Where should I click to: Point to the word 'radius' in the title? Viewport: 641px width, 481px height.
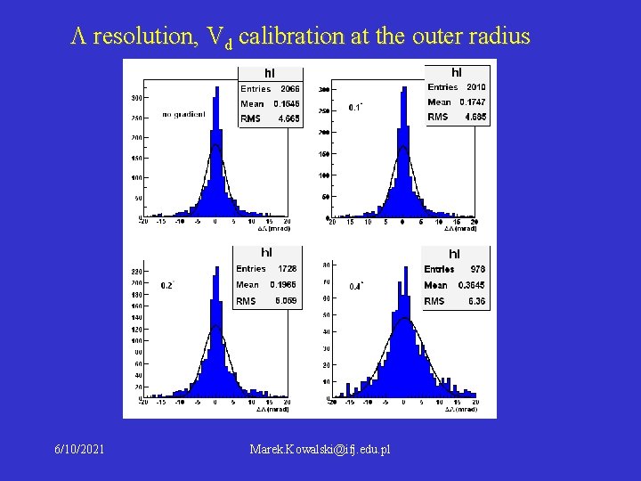point(499,37)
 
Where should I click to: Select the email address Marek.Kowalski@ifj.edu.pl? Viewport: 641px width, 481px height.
point(320,451)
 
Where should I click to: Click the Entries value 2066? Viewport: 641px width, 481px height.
point(290,88)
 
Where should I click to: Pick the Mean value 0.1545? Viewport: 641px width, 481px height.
point(287,103)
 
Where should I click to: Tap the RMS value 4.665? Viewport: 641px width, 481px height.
point(288,118)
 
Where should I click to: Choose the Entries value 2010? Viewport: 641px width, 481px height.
point(476,86)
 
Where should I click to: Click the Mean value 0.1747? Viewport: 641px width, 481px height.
point(474,102)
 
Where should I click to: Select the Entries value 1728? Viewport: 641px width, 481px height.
point(288,268)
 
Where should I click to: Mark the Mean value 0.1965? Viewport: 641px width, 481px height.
point(285,284)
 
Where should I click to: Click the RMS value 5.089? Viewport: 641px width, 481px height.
point(286,301)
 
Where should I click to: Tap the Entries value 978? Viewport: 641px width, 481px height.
point(478,268)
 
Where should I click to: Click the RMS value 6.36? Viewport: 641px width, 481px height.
point(476,301)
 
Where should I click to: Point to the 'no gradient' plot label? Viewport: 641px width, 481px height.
point(184,114)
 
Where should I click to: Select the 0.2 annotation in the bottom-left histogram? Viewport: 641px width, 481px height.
point(166,285)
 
